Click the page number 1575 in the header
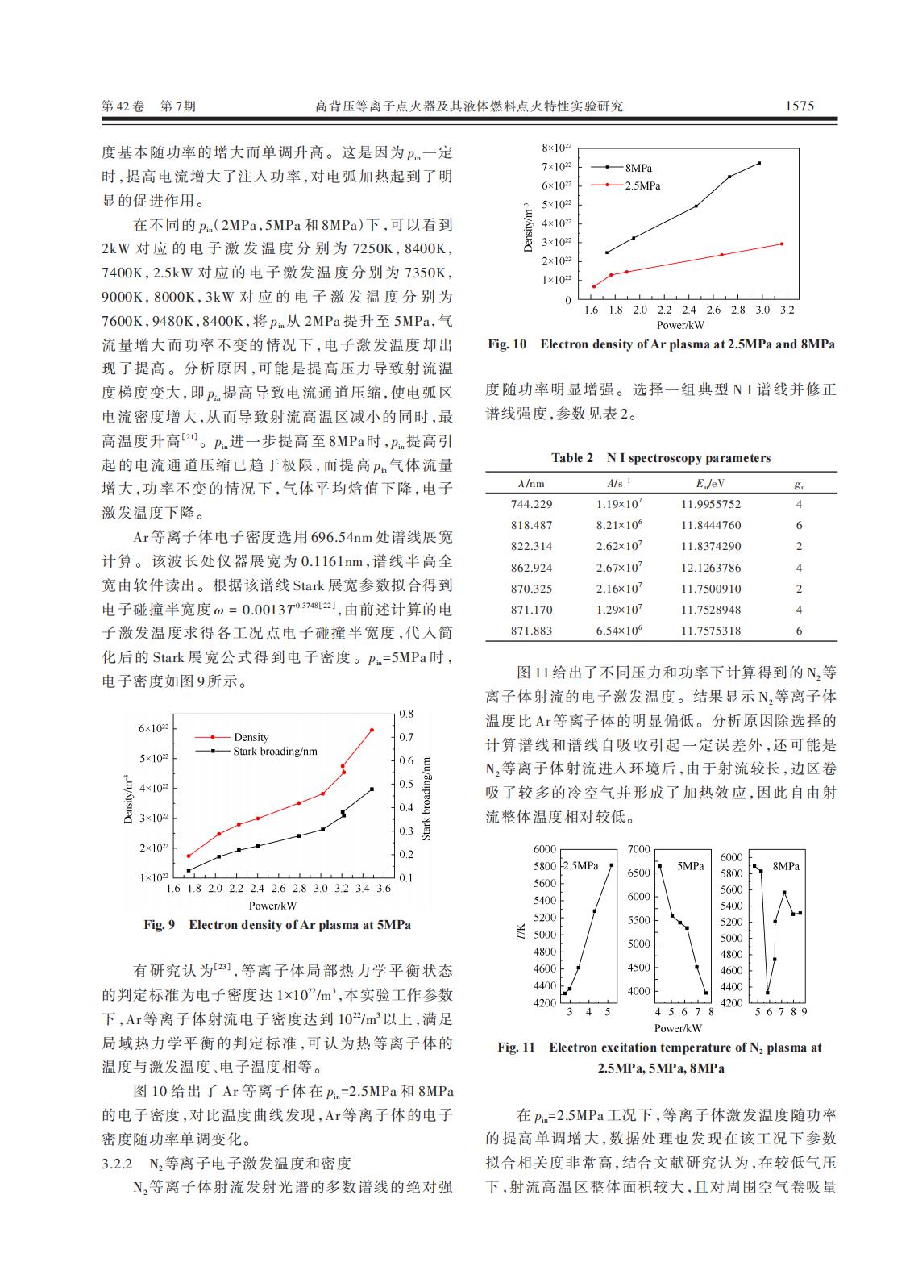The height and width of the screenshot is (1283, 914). pos(800,106)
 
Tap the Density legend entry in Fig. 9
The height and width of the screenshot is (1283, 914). pos(251,737)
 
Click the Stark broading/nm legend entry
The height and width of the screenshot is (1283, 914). pos(275,752)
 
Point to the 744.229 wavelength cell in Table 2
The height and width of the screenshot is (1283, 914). pos(532,504)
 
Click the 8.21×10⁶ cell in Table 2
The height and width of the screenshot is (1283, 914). pos(619,525)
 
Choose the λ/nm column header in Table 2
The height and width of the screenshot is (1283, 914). pos(531,484)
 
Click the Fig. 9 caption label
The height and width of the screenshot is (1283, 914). pos(159,924)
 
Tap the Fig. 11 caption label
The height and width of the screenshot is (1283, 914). pos(516,1048)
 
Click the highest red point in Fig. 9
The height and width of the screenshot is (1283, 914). pos(372,731)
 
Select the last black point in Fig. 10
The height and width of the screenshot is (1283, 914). pos(759,164)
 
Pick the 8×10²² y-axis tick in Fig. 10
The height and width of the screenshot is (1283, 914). pos(557,148)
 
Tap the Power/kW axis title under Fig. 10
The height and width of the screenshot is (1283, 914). pos(680,325)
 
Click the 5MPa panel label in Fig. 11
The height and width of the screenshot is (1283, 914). pos(690,866)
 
